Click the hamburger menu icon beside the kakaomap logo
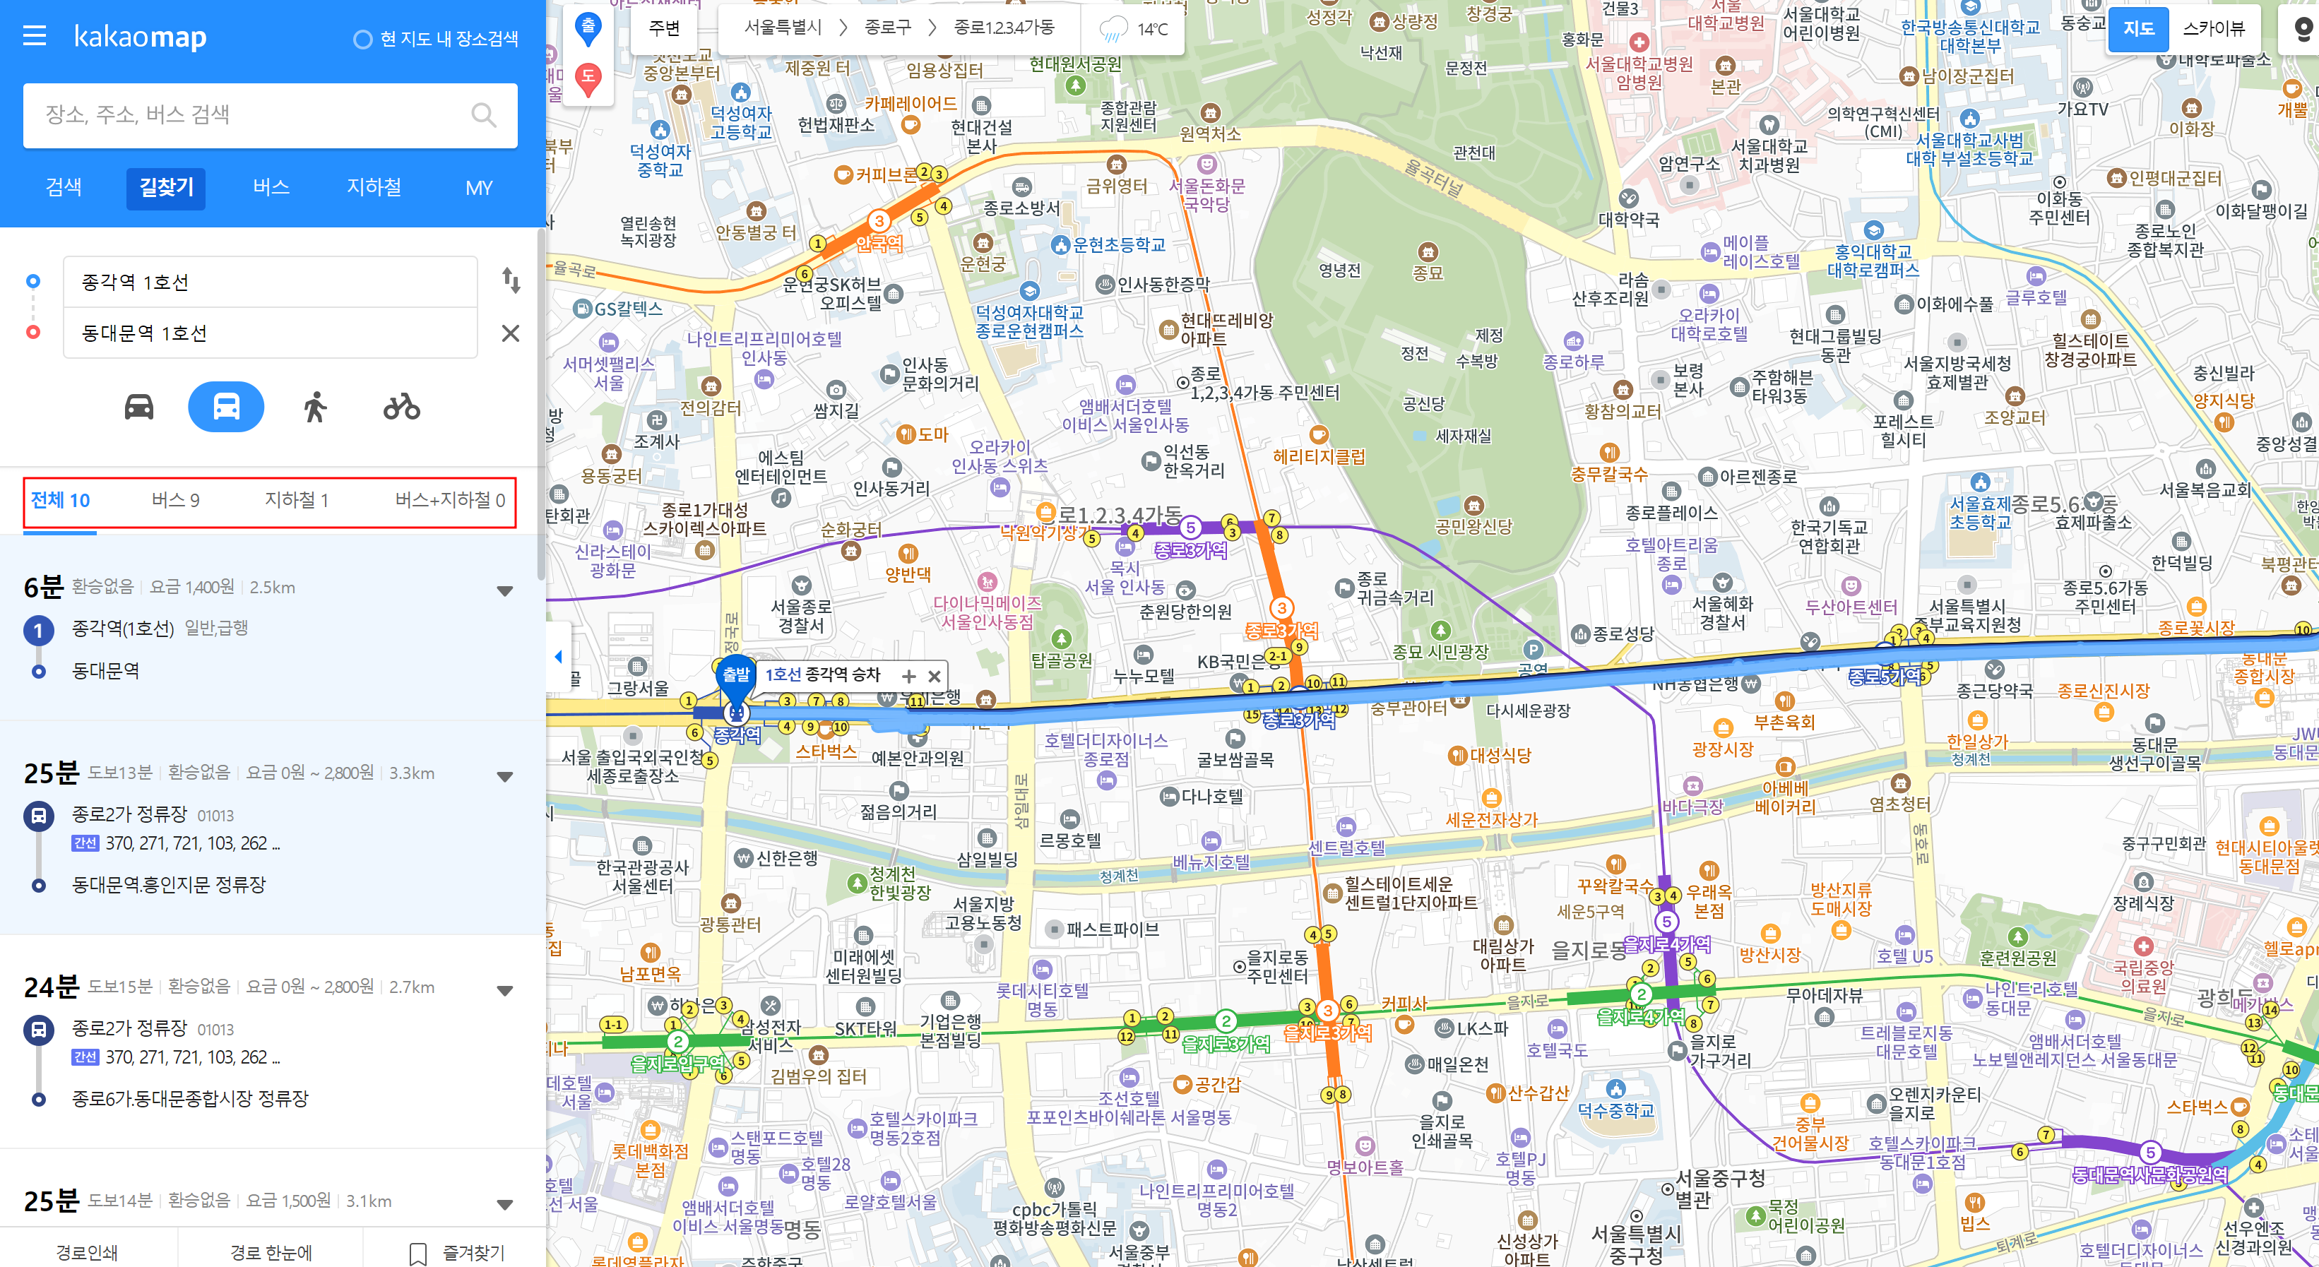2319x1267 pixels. (34, 36)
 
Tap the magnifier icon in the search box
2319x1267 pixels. (483, 115)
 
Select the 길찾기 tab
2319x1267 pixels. (165, 187)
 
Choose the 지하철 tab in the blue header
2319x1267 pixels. (374, 187)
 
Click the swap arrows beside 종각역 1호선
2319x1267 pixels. (511, 281)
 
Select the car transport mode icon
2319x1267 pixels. (138, 407)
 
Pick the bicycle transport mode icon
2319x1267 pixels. (401, 407)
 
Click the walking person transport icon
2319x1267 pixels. (314, 407)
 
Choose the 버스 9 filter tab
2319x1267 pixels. (176, 500)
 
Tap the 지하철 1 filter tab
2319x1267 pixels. (296, 500)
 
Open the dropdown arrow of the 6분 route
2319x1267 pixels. (505, 590)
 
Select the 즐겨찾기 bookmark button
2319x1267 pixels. (457, 1251)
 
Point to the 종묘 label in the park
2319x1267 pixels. (1428, 272)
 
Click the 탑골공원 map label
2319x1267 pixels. (1062, 660)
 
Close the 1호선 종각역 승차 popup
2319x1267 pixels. (935, 676)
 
